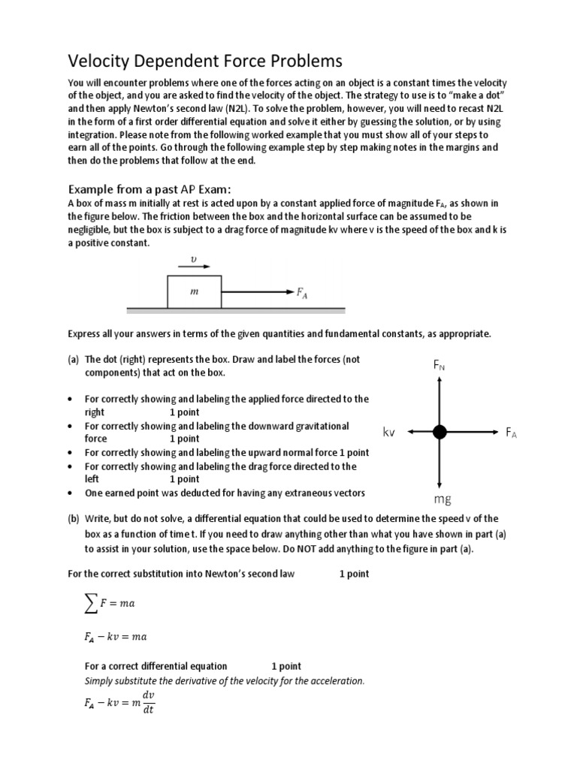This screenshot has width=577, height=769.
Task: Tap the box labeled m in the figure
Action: pyautogui.click(x=194, y=291)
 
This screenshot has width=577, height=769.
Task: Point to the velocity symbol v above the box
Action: pyautogui.click(x=194, y=259)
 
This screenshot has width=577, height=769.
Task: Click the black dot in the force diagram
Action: pyautogui.click(x=440, y=432)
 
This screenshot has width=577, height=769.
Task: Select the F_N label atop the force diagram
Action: pyautogui.click(x=440, y=366)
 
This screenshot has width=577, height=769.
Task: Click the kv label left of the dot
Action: pyautogui.click(x=389, y=433)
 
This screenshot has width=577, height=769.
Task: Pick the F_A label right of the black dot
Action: pyautogui.click(x=511, y=433)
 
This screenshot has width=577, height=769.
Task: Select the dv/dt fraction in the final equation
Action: pyautogui.click(x=147, y=703)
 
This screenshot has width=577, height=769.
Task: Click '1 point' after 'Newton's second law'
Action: pyautogui.click(x=354, y=574)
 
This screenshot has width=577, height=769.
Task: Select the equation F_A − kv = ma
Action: pyautogui.click(x=115, y=637)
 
